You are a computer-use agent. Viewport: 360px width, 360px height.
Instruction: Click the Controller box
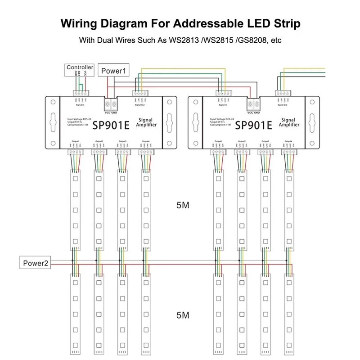[80, 67]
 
